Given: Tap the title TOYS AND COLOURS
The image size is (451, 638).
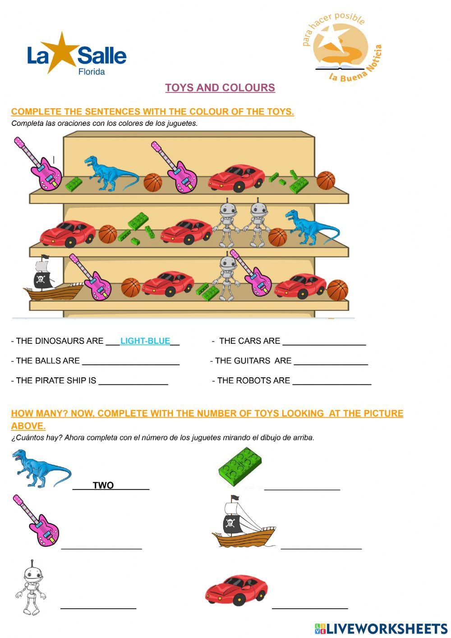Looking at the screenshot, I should tap(220, 88).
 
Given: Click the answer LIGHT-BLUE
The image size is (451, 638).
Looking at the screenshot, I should tap(145, 341).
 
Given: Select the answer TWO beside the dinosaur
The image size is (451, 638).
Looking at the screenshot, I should tap(103, 485).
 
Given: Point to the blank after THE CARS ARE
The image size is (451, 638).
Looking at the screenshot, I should tap(324, 342).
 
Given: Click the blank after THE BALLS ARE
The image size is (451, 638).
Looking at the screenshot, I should tap(131, 361).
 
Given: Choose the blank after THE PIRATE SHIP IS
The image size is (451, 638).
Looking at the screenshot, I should tap(133, 381).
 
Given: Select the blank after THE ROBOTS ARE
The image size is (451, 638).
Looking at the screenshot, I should tap(331, 381).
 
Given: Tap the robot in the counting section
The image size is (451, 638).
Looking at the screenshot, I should tap(31, 588).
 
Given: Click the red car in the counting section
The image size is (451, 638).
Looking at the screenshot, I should tap(236, 590).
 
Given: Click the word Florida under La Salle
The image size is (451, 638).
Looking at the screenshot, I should tap(92, 72).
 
